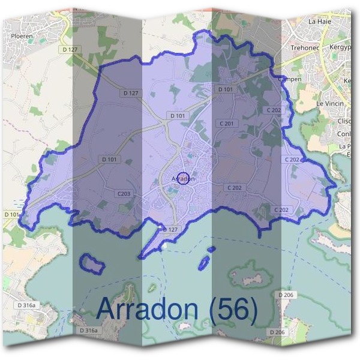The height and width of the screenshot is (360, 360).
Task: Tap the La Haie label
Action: tap(319, 21)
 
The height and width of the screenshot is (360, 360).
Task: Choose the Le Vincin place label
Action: tap(329, 104)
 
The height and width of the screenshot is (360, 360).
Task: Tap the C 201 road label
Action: tap(229, 123)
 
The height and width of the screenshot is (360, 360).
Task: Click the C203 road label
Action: tap(124, 193)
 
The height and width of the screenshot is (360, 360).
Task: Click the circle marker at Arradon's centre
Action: tap(185, 178)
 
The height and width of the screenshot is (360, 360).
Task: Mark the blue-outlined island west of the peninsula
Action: tap(92, 262)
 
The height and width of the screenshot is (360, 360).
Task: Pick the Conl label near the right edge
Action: tap(345, 134)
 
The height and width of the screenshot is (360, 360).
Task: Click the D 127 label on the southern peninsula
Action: tap(171, 229)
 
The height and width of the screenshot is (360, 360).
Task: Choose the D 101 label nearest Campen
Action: tap(225, 89)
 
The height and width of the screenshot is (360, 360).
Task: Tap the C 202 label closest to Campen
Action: tap(274, 110)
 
